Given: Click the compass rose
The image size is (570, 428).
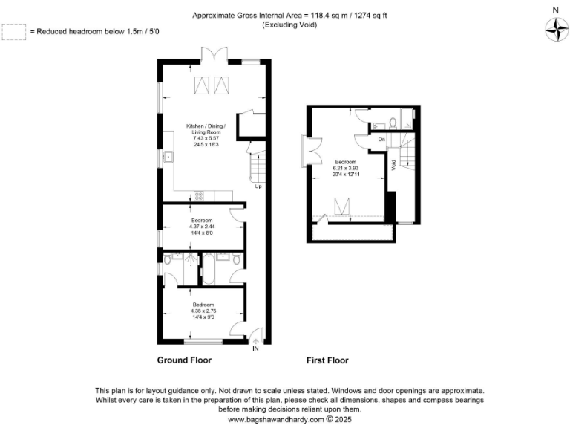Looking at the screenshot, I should pyautogui.click(x=554, y=29).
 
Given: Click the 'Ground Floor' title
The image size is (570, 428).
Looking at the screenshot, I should pyautogui.click(x=184, y=360).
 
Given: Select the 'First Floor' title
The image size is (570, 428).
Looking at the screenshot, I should pyautogui.click(x=327, y=360).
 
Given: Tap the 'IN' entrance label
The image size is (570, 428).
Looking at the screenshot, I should pyautogui.click(x=256, y=348).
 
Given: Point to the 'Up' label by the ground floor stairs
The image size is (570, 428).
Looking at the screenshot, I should pyautogui.click(x=258, y=187).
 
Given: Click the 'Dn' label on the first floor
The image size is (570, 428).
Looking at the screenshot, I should pyautogui.click(x=381, y=140).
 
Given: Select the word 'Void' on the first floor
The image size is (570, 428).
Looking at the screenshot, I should pyautogui.click(x=393, y=168).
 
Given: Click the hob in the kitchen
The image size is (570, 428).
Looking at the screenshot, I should pyautogui.click(x=199, y=196).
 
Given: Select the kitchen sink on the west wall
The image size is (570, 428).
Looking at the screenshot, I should pyautogui.click(x=168, y=158).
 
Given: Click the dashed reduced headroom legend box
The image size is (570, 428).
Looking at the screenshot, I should pyautogui.click(x=13, y=32).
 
